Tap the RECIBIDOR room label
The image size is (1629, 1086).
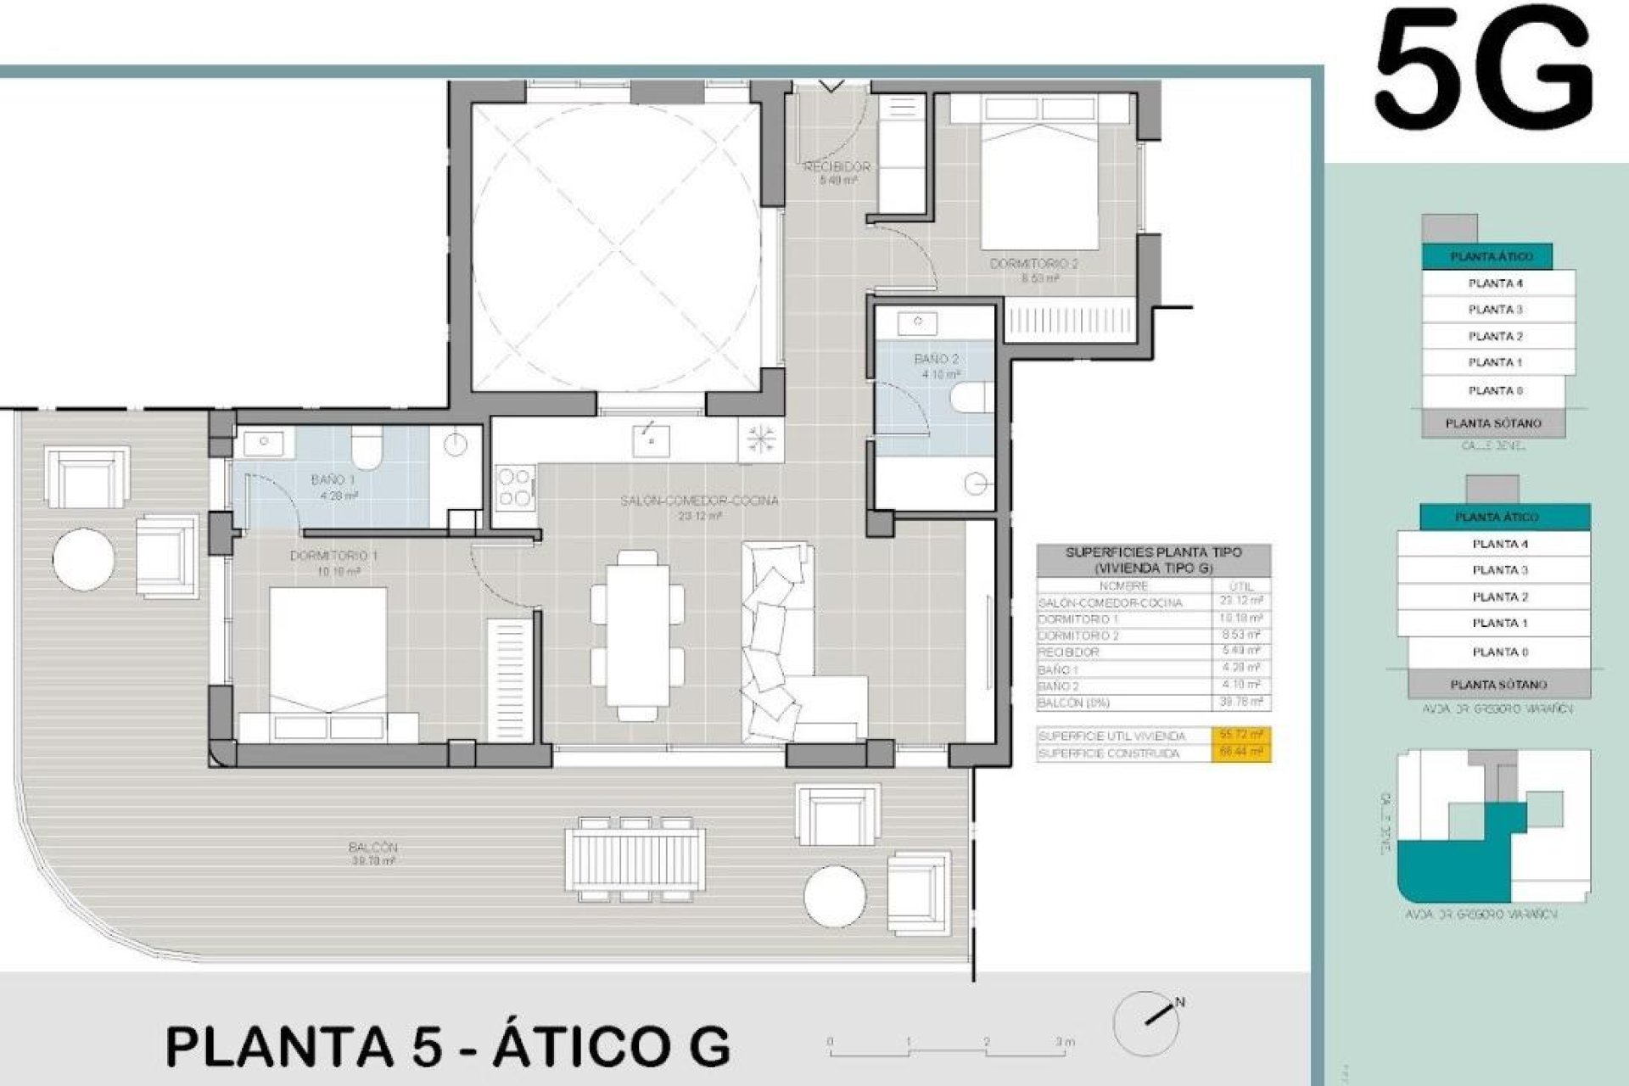click(x=837, y=167)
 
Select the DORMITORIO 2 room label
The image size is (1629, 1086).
click(x=1033, y=265)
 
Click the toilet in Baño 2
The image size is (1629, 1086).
click(x=972, y=397)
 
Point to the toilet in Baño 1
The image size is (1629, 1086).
click(x=367, y=448)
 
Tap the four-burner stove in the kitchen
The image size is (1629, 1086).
click(x=514, y=487)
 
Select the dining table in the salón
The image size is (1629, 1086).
click(x=637, y=635)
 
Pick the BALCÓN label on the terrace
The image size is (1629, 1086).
click(x=372, y=848)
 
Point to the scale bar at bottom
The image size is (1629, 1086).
click(x=947, y=1050)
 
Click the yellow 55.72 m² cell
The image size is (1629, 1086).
click(x=1240, y=735)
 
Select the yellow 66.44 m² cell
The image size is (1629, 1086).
click(x=1240, y=753)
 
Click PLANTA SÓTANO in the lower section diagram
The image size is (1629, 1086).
click(x=1498, y=685)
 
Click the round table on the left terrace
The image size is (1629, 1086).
click(x=83, y=558)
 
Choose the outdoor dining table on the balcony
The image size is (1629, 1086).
click(x=635, y=859)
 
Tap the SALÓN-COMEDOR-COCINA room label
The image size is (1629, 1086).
click(x=699, y=501)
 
